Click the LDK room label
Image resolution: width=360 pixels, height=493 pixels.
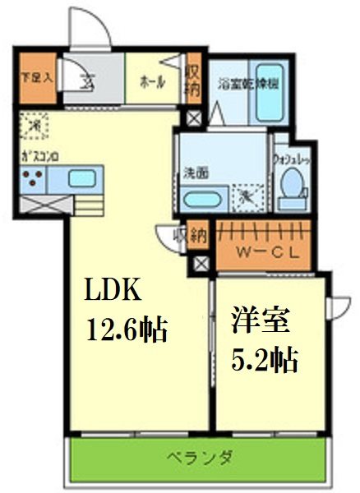pyautogui.click(x=115, y=291)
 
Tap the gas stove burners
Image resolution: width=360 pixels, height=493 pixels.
pyautogui.click(x=35, y=179)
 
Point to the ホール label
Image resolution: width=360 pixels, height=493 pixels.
pyautogui.click(x=152, y=81)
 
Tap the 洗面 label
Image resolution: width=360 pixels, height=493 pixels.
pyautogui.click(x=195, y=174)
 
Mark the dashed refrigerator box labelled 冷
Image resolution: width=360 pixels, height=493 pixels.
pyautogui.click(x=35, y=126)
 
